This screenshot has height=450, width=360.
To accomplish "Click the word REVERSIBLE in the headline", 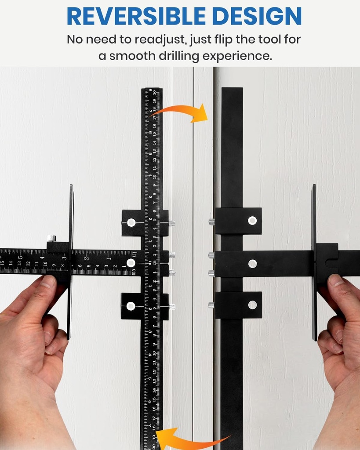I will point(132,16).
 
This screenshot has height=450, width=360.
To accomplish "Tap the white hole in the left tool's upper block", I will point(131,222).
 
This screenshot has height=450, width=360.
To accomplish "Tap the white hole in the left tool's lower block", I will point(131,306).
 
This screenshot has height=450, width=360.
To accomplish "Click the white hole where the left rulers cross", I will point(131,263).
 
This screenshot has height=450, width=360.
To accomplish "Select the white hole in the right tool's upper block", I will point(252,221).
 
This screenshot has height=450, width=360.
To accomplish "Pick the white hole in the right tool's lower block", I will point(252,305).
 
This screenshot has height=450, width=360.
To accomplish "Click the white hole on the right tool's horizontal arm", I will point(252,263).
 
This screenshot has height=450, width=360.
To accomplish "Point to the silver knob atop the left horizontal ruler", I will point(51,238).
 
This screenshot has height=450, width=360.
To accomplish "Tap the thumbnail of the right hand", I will point(335,280).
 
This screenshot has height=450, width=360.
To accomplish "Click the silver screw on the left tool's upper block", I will point(171,223).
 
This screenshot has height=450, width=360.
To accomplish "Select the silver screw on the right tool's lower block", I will point(211,305).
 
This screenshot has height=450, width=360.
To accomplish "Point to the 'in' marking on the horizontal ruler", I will point(133,254).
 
